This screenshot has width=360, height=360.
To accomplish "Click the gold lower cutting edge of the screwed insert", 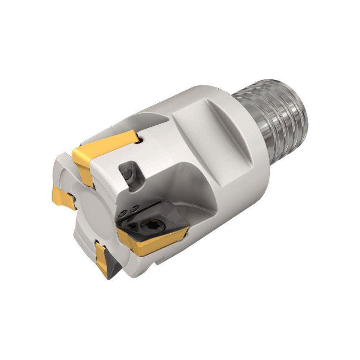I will click(x=155, y=244).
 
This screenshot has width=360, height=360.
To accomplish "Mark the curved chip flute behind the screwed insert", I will click(x=188, y=188).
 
